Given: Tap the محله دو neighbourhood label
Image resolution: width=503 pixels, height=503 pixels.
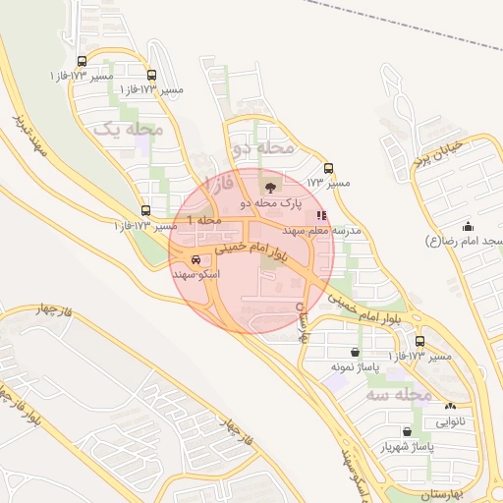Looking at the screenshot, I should [263, 146].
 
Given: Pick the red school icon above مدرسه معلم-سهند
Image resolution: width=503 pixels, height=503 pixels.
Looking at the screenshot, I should [322, 215].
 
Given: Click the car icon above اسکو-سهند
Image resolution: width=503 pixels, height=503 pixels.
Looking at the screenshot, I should [197, 260].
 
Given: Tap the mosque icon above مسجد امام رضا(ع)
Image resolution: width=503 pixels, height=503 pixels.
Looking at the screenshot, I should [468, 226].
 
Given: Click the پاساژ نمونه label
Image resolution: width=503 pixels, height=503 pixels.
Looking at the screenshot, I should [355, 365].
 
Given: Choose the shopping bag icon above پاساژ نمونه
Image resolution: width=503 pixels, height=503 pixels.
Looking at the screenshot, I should [355, 352].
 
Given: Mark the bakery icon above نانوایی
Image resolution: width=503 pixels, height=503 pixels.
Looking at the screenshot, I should [451, 406].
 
